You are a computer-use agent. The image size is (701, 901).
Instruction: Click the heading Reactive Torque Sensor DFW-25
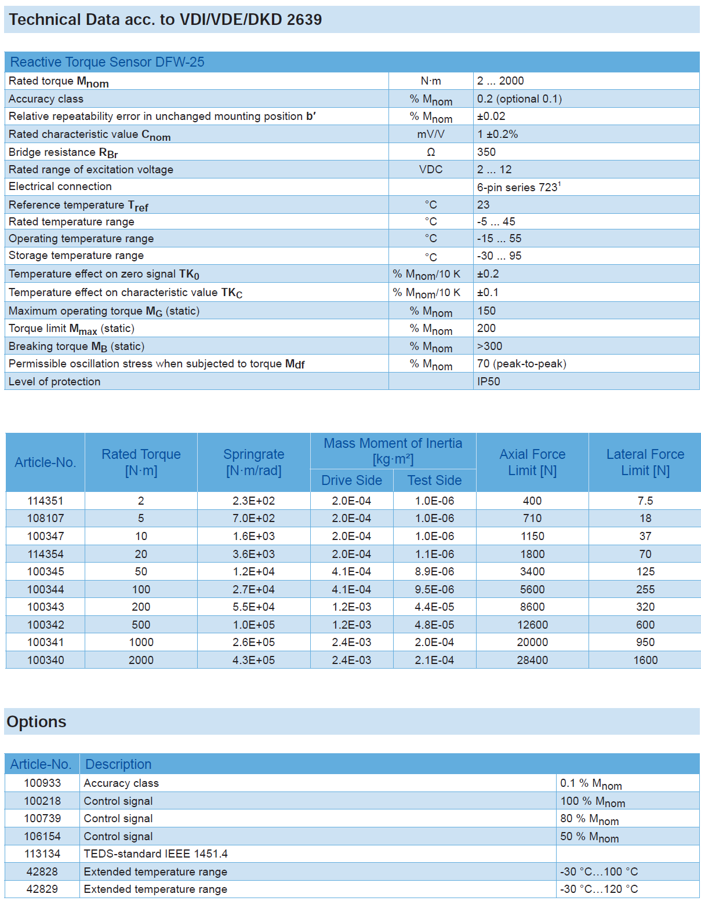pyautogui.click(x=107, y=62)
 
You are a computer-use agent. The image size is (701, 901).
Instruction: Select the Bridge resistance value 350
pyautogui.click(x=486, y=152)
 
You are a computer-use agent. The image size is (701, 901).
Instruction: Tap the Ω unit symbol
pyautogui.click(x=431, y=152)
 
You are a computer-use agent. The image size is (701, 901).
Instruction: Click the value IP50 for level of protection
pyautogui.click(x=488, y=381)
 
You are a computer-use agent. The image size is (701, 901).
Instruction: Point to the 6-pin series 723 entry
pyautogui.click(x=518, y=187)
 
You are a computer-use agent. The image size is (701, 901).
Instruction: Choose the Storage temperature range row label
pyautogui.click(x=76, y=256)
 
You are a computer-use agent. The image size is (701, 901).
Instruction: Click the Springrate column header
pyautogui.click(x=253, y=462)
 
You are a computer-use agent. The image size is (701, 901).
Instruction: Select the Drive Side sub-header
pyautogui.click(x=351, y=480)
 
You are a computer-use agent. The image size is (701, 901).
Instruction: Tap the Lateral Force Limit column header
pyautogui.click(x=645, y=462)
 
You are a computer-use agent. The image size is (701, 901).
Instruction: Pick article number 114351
pyautogui.click(x=45, y=501)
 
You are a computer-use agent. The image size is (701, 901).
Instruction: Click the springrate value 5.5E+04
pyautogui.click(x=253, y=607)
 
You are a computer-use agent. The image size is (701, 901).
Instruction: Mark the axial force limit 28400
pyautogui.click(x=532, y=660)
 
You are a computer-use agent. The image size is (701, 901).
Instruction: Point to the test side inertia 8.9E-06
pyautogui.click(x=434, y=571)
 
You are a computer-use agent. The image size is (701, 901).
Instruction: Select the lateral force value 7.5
pyautogui.click(x=645, y=501)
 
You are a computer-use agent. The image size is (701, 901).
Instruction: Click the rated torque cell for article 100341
pyautogui.click(x=141, y=642)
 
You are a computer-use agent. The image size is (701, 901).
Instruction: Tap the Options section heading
pyautogui.click(x=37, y=722)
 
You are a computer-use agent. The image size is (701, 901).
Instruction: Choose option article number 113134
pyautogui.click(x=42, y=853)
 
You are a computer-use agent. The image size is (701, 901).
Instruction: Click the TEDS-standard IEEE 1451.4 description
pyautogui.click(x=155, y=853)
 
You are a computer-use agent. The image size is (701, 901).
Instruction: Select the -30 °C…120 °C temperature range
pyautogui.click(x=598, y=889)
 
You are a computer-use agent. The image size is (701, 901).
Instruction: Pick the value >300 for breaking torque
pyautogui.click(x=489, y=346)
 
